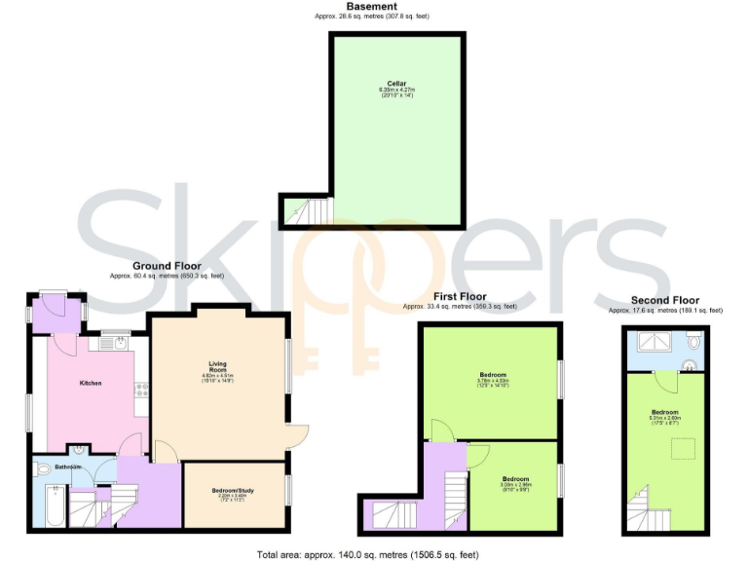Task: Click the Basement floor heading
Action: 372,7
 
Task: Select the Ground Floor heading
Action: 167,266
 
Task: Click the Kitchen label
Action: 91,383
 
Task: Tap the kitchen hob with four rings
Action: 142,392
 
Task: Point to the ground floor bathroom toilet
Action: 42,469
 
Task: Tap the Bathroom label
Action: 67,467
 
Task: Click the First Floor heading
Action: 460,296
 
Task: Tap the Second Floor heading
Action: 665,300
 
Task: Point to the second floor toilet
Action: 693,341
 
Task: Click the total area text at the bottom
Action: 367,554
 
